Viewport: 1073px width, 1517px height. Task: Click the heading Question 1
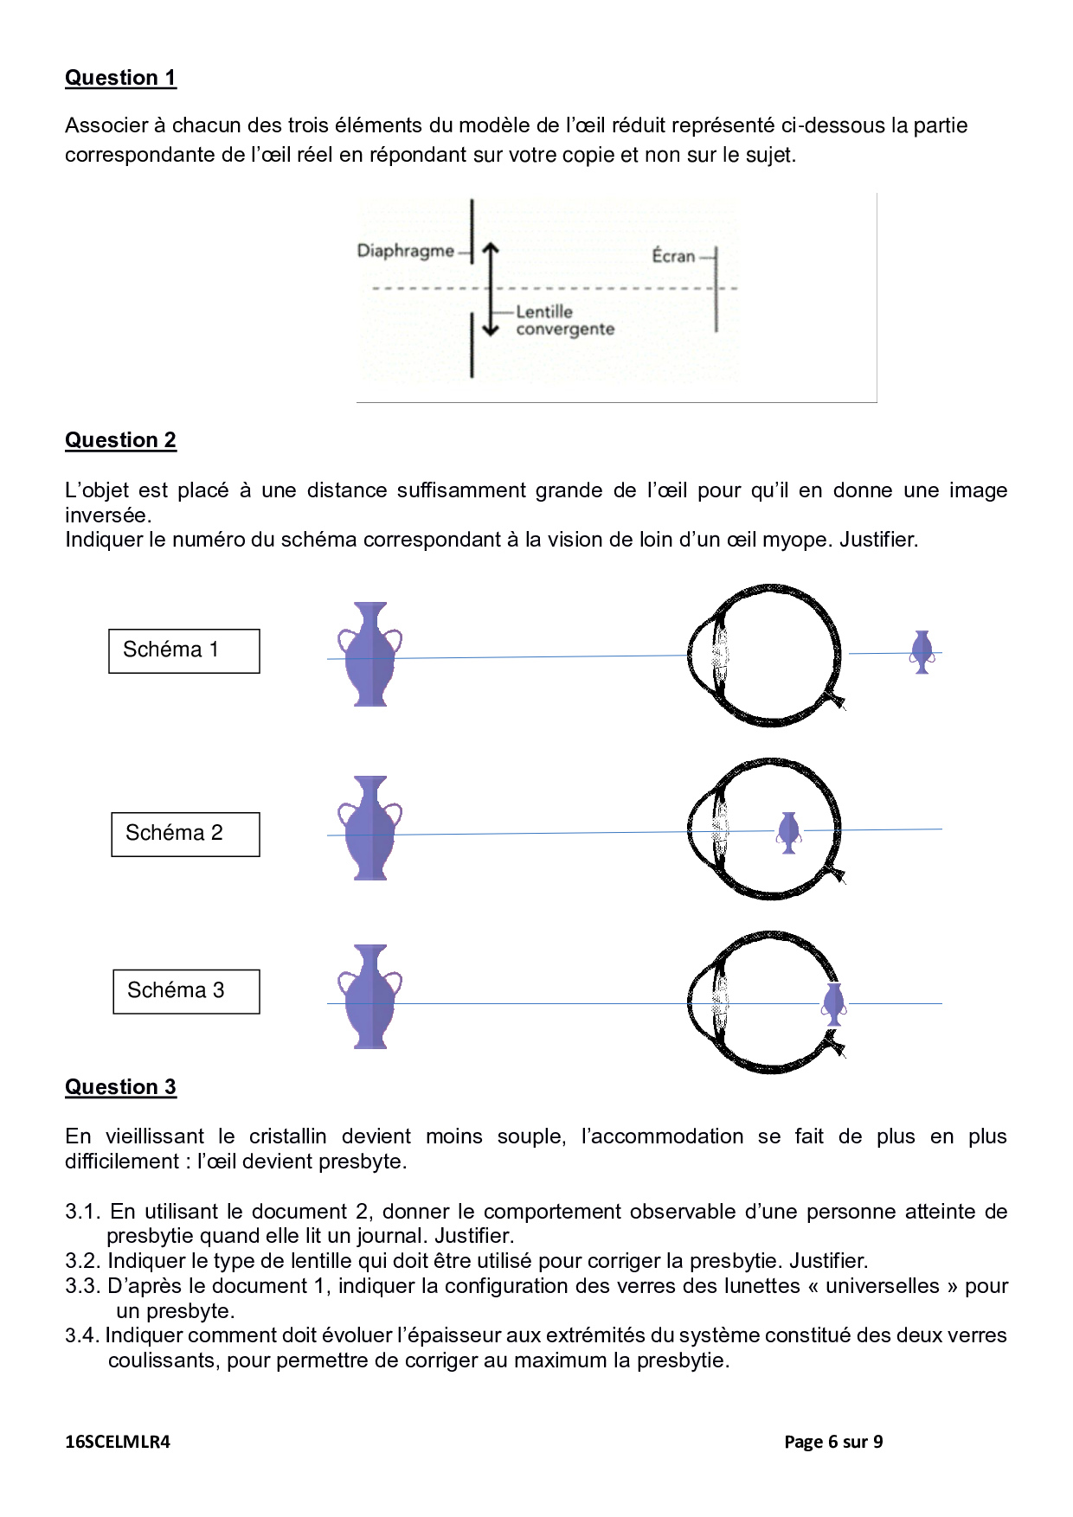[x=120, y=78]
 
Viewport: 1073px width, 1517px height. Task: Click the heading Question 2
[x=120, y=440]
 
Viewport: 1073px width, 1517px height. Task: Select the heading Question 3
[x=120, y=1087]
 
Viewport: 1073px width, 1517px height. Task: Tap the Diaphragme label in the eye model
[x=405, y=251]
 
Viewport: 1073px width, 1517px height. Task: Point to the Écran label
[x=673, y=256]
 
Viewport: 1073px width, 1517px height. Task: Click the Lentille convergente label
[x=564, y=320]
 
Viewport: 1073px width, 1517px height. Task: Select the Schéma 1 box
[x=183, y=650]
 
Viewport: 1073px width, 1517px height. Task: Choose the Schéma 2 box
[x=185, y=834]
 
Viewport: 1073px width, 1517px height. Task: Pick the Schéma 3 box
[x=186, y=991]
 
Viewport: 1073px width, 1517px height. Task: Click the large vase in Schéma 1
[x=370, y=654]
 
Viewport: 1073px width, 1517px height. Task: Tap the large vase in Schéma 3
[x=370, y=996]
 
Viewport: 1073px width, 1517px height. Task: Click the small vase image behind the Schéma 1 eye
[x=922, y=652]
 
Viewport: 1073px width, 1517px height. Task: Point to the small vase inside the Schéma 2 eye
[x=788, y=832]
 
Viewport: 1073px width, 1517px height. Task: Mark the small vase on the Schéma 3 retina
[x=834, y=1004]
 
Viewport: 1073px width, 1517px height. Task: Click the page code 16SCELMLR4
[x=118, y=1442]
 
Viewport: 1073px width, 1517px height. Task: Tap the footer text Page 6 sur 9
[x=832, y=1442]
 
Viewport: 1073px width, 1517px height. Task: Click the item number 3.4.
[x=82, y=1336]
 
